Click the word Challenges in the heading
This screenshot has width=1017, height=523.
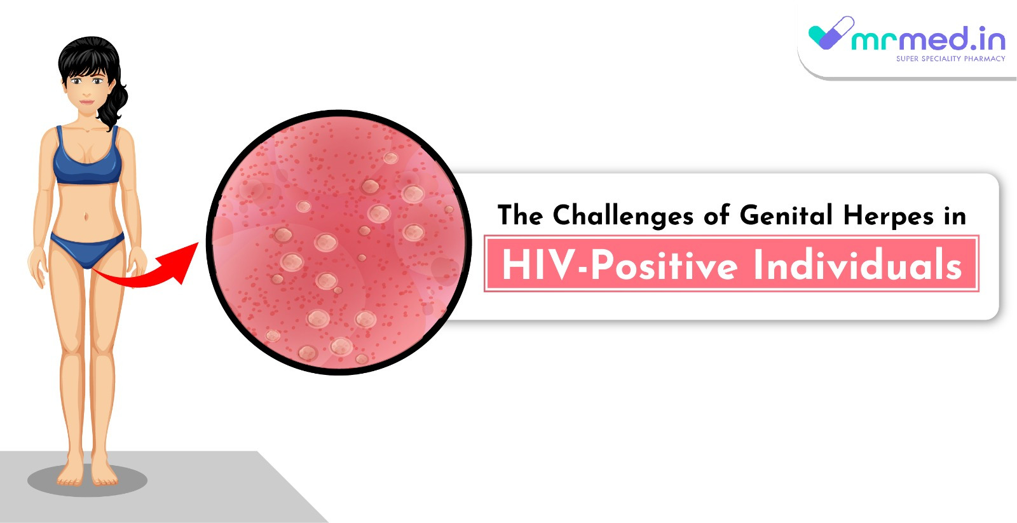[x=623, y=215]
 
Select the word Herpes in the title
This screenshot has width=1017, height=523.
[x=889, y=215]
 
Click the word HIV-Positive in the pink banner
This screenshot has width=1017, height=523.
[x=620, y=266]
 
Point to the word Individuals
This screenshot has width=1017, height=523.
[x=857, y=264]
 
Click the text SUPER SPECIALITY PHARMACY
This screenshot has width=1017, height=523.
[x=951, y=58]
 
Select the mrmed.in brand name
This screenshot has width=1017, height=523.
[x=928, y=39]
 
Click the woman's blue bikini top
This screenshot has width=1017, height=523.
[x=87, y=159]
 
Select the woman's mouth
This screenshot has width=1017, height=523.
[x=86, y=102]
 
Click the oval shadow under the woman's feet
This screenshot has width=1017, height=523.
[x=87, y=480]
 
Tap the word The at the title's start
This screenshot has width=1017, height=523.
[x=520, y=215]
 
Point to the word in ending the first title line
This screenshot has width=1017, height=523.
[x=955, y=215]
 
